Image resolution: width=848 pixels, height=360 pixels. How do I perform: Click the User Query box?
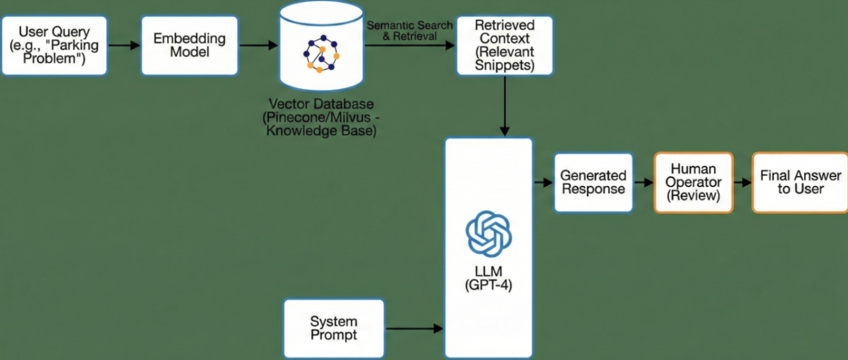(x=54, y=45)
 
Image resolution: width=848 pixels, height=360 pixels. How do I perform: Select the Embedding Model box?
(x=189, y=45)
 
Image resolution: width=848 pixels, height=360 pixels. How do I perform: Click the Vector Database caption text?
(x=321, y=117)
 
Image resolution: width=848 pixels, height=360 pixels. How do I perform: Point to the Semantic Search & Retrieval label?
(x=409, y=30)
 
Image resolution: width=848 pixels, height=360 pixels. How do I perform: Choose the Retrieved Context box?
(x=504, y=45)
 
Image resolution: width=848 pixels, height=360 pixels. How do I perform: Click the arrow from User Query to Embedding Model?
(x=124, y=46)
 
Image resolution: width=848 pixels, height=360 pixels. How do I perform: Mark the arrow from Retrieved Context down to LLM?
(x=505, y=105)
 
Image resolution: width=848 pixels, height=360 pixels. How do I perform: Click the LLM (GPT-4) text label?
(x=489, y=278)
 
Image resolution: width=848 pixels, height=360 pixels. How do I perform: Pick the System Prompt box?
(x=334, y=327)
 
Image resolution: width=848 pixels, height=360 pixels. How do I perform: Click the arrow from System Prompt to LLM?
(x=414, y=328)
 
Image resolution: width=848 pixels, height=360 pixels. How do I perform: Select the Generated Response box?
(x=593, y=182)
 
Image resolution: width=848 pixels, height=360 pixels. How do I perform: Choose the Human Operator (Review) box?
(x=693, y=182)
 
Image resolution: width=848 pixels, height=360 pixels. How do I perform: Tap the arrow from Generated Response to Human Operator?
(x=643, y=182)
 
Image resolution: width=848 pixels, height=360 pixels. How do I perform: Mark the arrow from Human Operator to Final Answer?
(x=742, y=182)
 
